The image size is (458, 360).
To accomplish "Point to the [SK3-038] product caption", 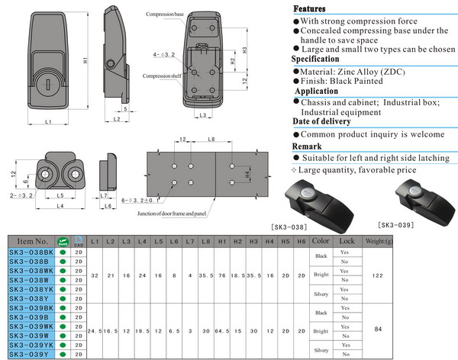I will [312, 227].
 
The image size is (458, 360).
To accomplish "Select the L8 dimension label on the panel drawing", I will [211, 140].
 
